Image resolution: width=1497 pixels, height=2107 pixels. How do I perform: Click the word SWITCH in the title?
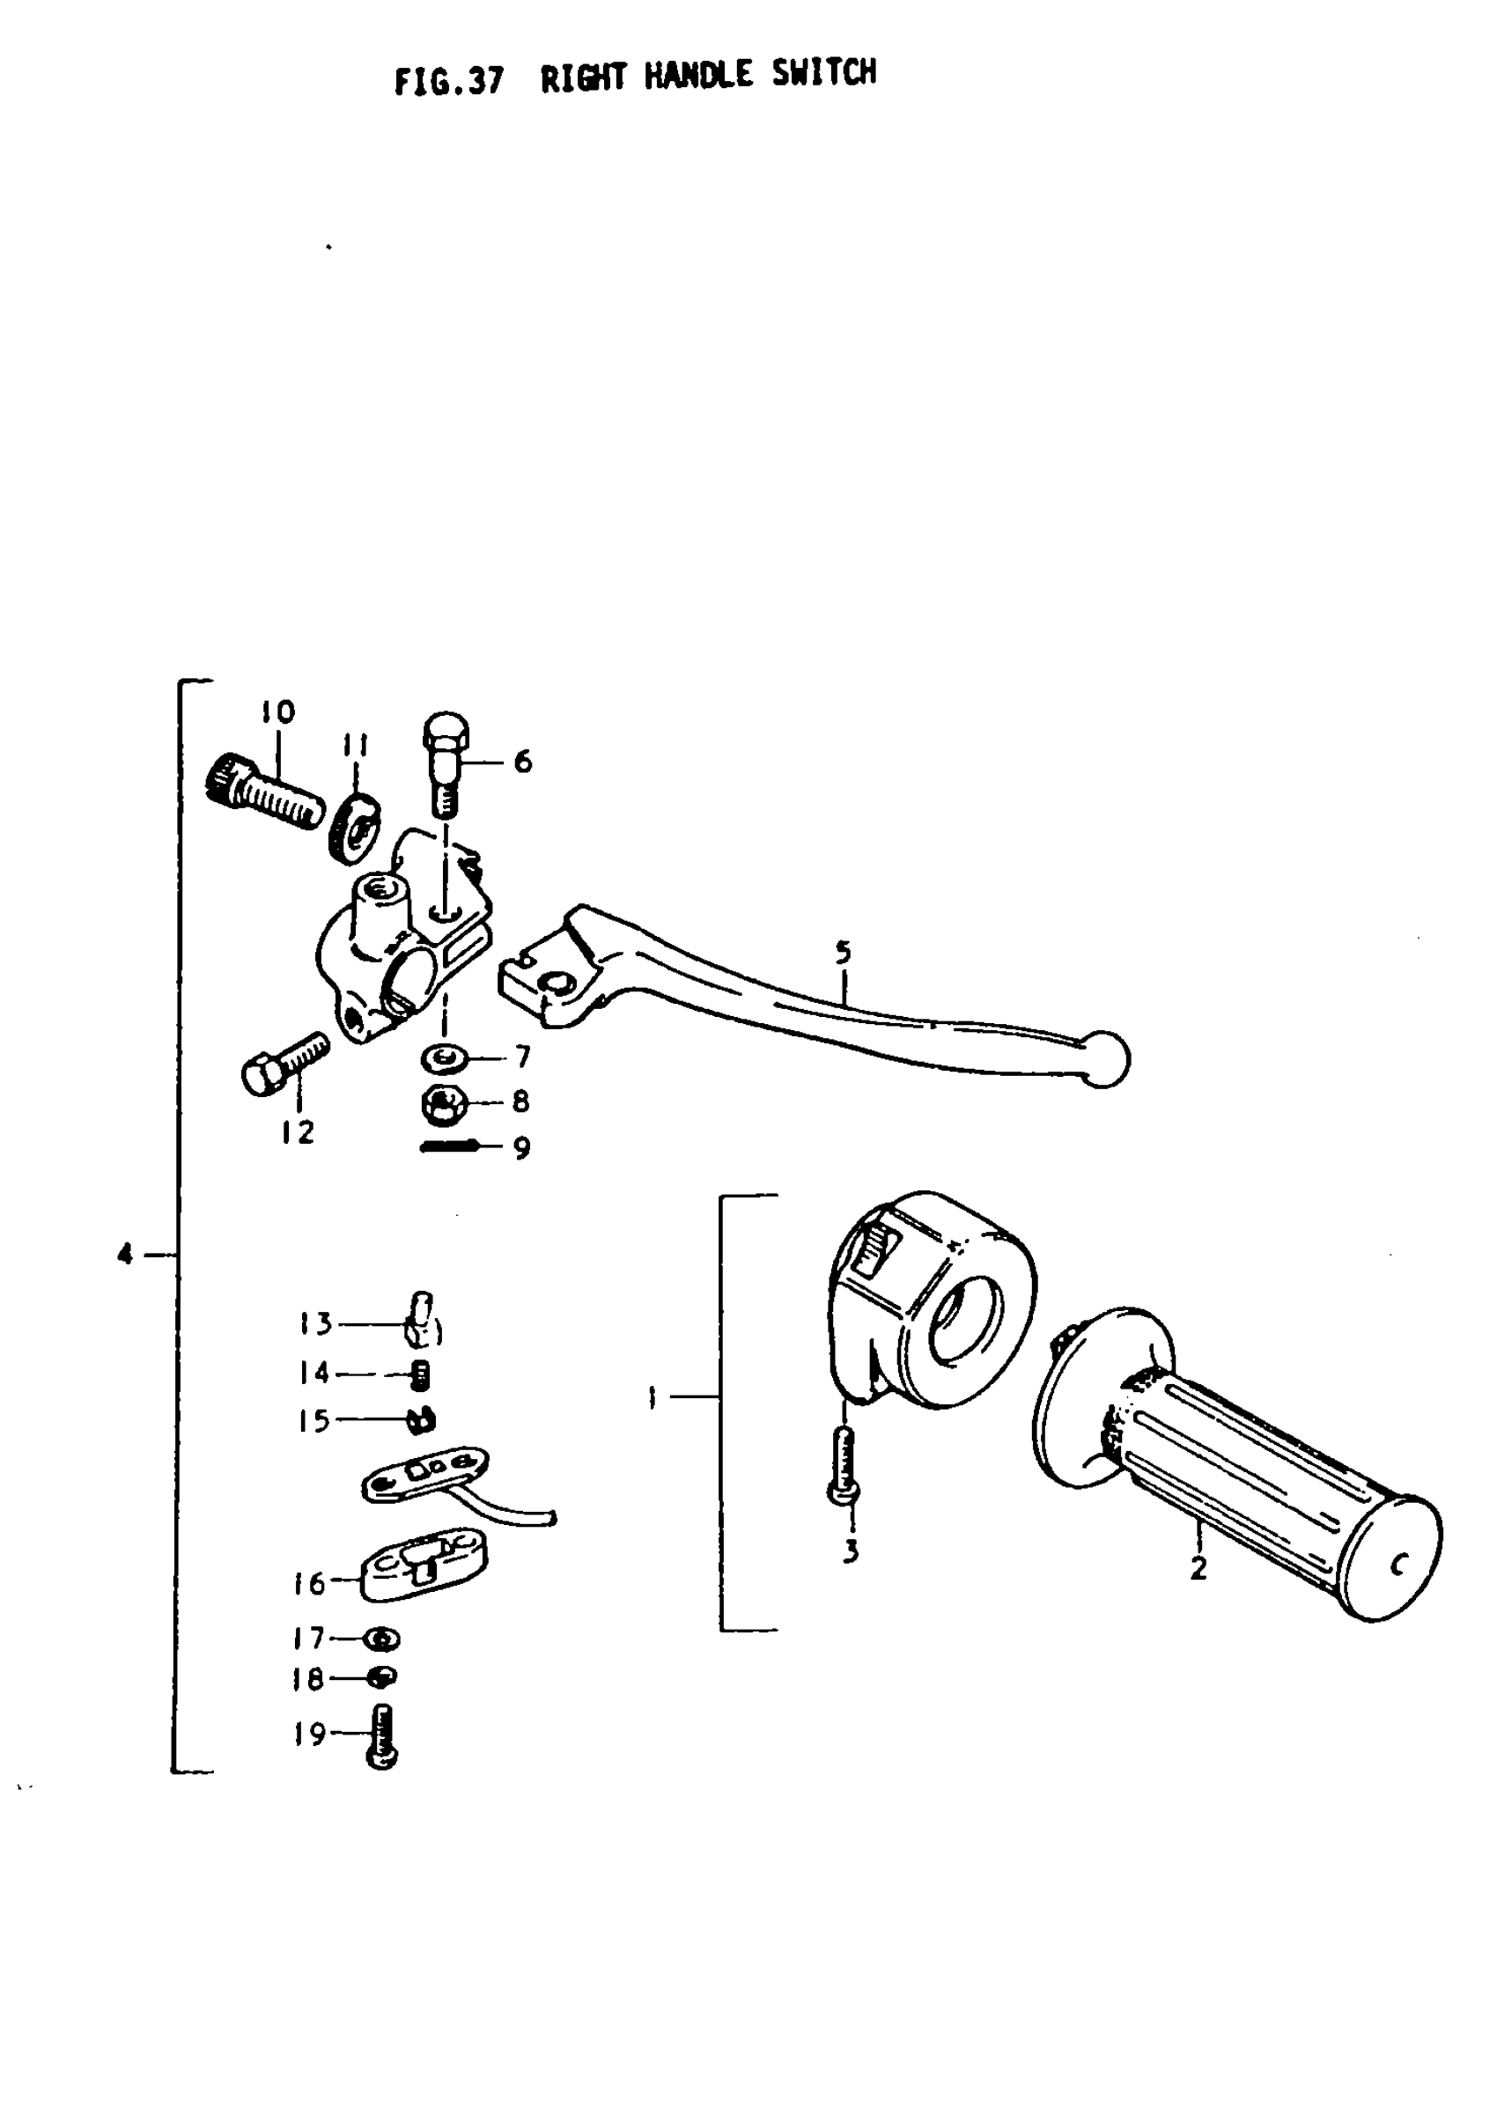click(x=823, y=74)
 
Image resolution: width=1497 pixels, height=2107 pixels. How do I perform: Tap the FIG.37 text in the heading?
click(x=449, y=81)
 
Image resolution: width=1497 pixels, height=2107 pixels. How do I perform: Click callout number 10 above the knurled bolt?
click(x=277, y=712)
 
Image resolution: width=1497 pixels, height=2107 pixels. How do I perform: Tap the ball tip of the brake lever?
click(x=1105, y=1059)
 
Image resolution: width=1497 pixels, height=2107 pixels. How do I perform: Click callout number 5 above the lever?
click(x=844, y=951)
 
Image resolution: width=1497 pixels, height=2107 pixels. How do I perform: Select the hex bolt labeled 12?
click(x=283, y=1064)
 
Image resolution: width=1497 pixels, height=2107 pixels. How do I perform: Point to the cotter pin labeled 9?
click(x=449, y=1146)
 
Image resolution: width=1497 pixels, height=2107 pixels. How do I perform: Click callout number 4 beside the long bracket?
click(x=125, y=1254)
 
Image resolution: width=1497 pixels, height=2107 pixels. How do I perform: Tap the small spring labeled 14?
click(x=420, y=1376)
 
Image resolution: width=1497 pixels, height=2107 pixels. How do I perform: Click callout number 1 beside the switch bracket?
click(x=652, y=1399)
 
